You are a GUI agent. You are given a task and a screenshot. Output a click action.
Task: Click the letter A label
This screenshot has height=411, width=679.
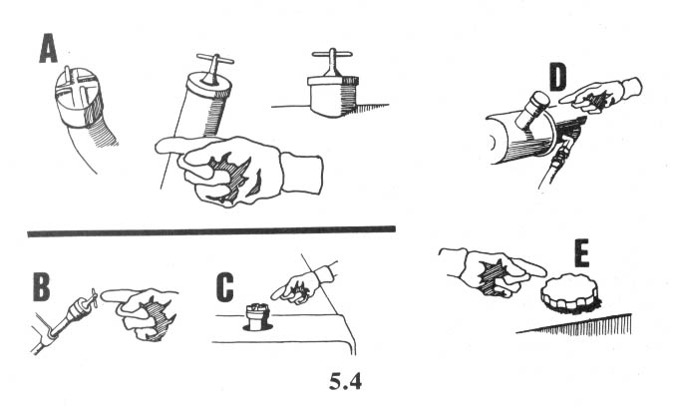48,49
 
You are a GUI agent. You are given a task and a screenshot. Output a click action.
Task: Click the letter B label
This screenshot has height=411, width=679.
42,286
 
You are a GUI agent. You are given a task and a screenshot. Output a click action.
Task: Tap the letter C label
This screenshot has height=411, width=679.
224,286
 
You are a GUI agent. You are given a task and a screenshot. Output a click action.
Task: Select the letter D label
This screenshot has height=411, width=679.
557,77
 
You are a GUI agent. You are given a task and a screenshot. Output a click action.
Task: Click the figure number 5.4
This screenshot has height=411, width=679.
345,382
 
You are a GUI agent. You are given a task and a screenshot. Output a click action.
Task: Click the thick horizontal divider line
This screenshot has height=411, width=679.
211,231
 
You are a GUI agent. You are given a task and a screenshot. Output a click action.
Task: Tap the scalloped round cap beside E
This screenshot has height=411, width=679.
569,292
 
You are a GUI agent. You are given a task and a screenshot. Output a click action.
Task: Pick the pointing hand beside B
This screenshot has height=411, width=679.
140,312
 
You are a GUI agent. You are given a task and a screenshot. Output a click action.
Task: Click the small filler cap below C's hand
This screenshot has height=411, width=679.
257,317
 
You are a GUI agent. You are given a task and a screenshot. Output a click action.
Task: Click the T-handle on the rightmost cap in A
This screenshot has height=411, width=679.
332,61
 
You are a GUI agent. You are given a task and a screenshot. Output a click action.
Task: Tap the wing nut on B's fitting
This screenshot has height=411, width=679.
92,299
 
